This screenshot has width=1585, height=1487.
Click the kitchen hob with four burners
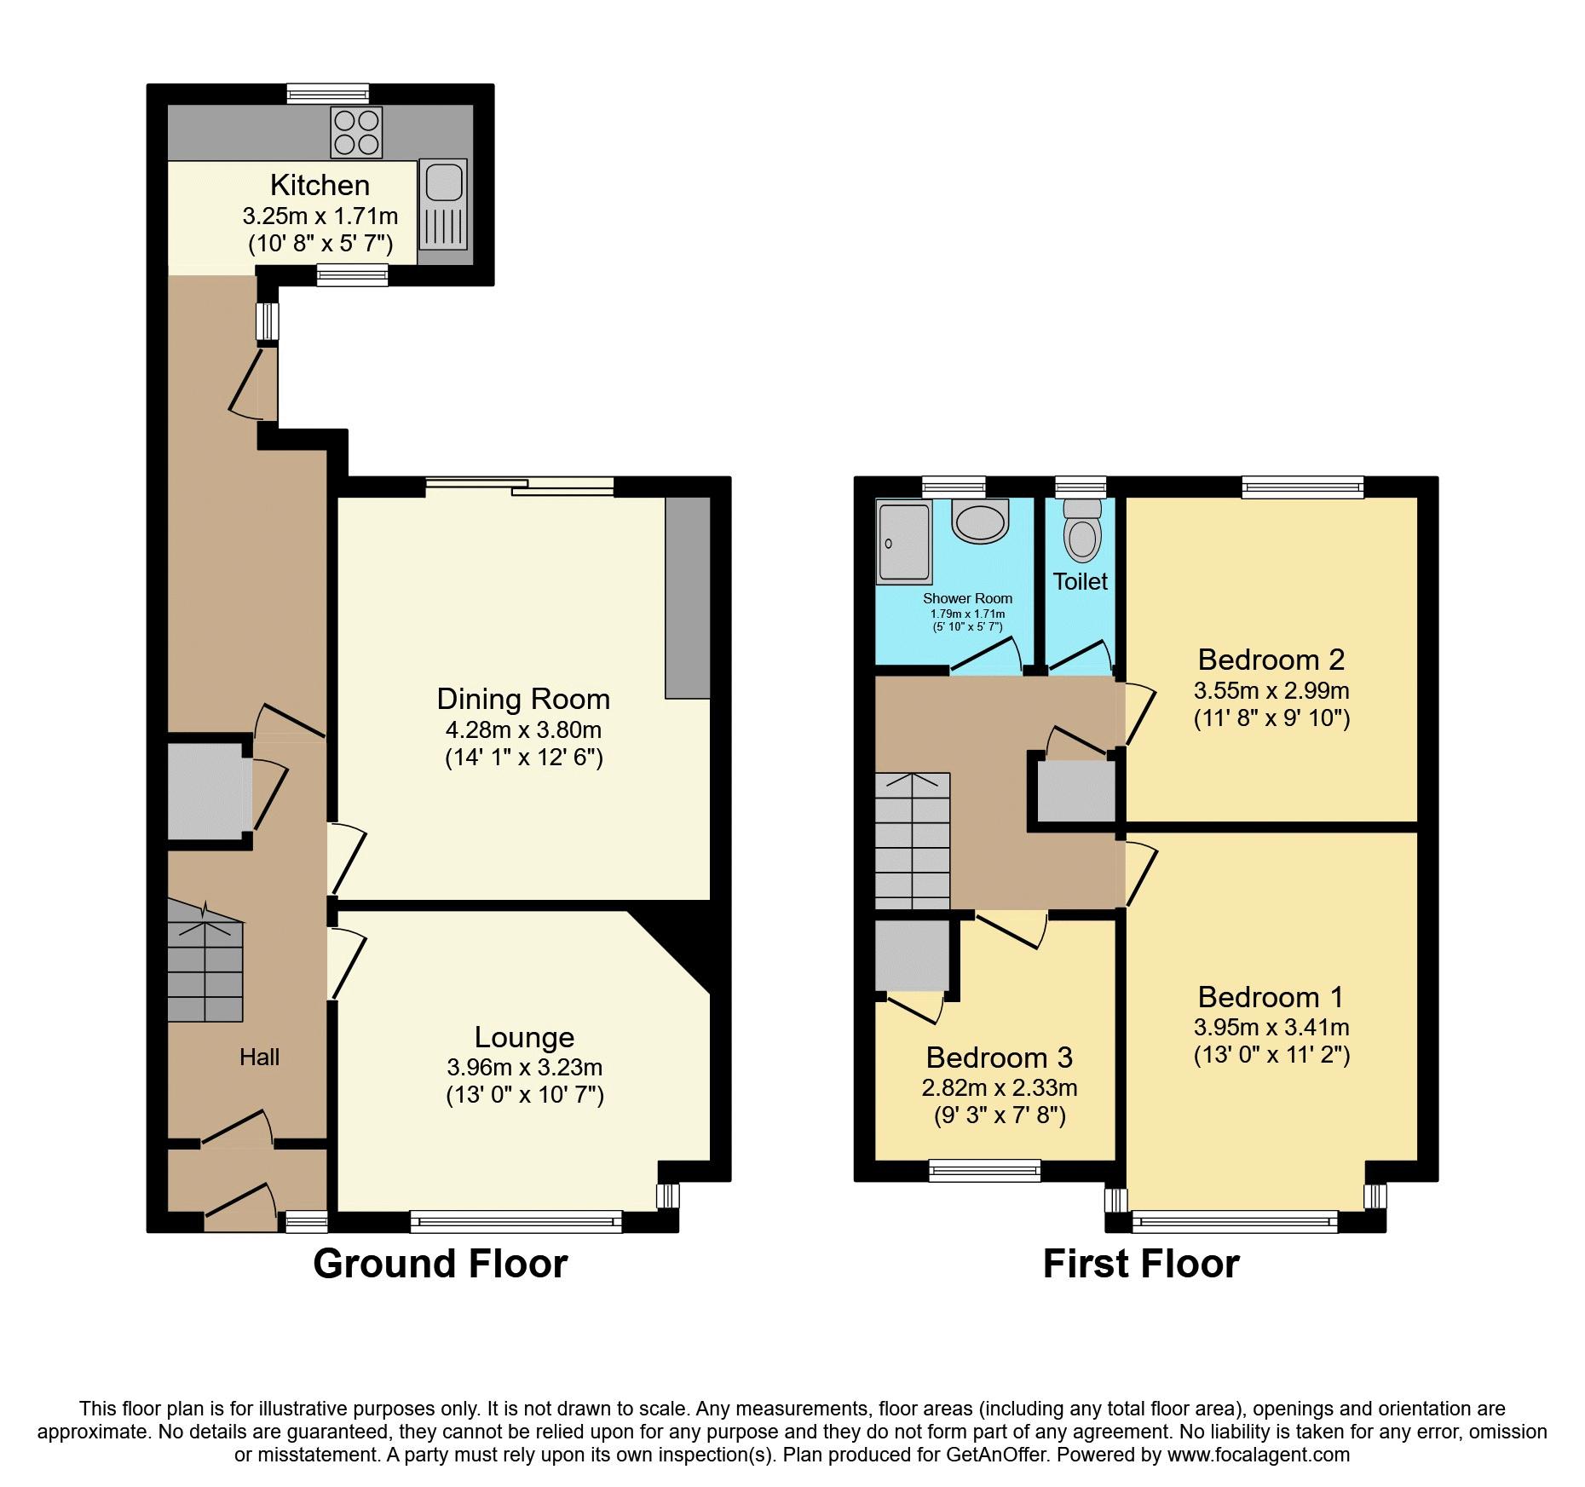tap(356, 133)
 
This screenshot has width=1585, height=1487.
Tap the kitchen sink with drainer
tap(444, 205)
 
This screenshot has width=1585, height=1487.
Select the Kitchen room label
tap(320, 185)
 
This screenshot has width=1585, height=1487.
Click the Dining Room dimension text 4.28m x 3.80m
tap(523, 729)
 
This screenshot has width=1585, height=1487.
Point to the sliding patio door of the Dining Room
tap(520, 487)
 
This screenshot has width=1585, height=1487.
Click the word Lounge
tap(524, 1037)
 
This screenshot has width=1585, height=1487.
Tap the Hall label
tap(259, 1058)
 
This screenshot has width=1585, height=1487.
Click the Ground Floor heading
tap(440, 1264)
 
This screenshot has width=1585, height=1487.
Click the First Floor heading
tap(1141, 1264)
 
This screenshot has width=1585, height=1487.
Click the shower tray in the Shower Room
tap(903, 542)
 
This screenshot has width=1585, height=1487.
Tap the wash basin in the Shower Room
tap(980, 519)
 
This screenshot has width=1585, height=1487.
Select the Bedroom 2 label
tap(1271, 660)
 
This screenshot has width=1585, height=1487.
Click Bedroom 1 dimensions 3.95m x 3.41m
tap(1271, 1028)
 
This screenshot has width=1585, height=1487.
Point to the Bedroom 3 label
tap(999, 1058)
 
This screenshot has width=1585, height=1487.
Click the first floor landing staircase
tap(913, 840)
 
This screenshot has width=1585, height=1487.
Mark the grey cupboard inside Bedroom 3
tap(912, 955)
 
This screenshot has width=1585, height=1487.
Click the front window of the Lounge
tap(516, 1222)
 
